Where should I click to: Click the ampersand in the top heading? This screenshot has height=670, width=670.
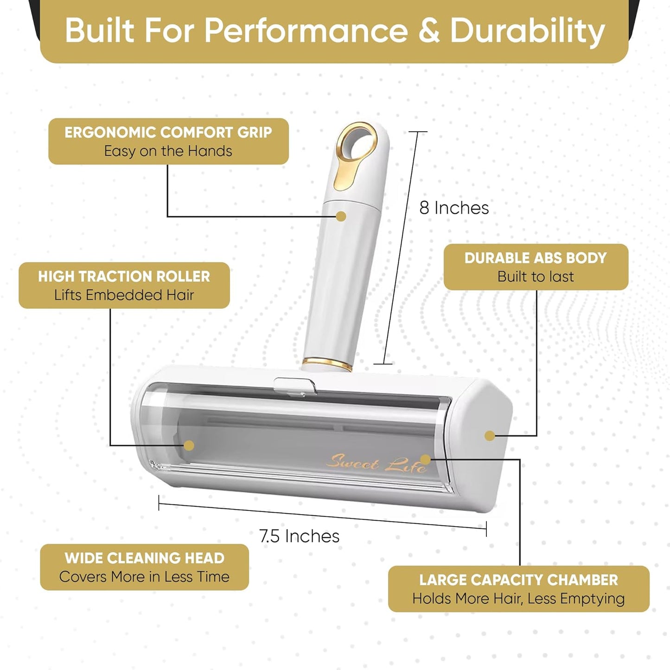(x=429, y=31)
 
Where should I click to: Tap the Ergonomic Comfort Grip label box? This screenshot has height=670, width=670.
(x=169, y=141)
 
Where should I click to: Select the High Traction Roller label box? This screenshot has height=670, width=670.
(x=124, y=286)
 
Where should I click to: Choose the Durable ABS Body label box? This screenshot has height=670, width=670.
(x=536, y=267)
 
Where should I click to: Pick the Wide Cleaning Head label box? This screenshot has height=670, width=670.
(x=145, y=567)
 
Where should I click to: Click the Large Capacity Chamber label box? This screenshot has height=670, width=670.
(x=518, y=589)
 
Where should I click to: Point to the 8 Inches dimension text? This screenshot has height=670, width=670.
(x=454, y=208)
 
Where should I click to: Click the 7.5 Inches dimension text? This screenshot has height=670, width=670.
(x=300, y=536)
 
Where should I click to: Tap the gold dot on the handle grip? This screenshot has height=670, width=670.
(x=341, y=216)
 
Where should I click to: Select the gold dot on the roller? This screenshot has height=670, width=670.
(x=189, y=446)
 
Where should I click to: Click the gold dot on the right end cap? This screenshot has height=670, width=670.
(x=490, y=435)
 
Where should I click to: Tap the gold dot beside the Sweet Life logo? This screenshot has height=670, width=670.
(x=425, y=459)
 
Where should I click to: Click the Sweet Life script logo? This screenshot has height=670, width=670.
(x=376, y=464)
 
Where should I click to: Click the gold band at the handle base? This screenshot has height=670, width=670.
(x=326, y=363)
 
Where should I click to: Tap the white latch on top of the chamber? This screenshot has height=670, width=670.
(x=294, y=386)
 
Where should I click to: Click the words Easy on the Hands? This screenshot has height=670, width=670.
(x=168, y=151)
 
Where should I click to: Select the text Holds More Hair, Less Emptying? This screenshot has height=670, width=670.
(x=518, y=599)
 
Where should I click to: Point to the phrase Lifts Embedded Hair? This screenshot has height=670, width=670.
(x=124, y=295)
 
